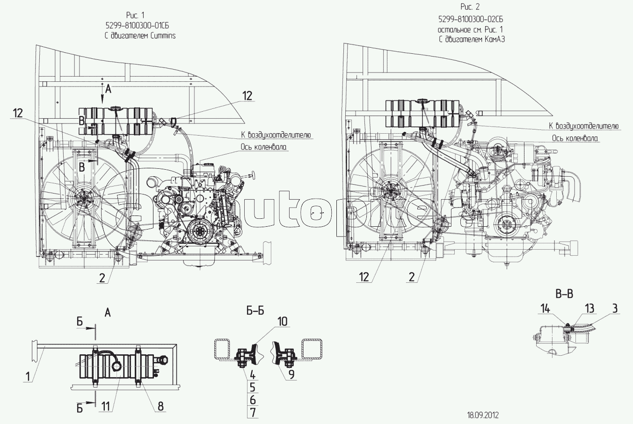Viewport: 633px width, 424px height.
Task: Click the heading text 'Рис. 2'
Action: tap(470, 7)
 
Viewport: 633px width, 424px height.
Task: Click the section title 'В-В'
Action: tap(564, 294)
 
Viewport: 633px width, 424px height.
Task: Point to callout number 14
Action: tap(546, 308)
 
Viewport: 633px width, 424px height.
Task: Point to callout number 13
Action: tap(590, 308)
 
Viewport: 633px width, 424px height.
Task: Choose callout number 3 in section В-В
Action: tap(615, 308)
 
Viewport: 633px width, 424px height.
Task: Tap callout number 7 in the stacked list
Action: tap(253, 412)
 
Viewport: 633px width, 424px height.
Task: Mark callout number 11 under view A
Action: tap(106, 406)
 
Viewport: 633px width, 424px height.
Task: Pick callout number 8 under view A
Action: tap(160, 406)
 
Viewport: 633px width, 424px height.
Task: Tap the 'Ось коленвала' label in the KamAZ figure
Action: tap(575, 138)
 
